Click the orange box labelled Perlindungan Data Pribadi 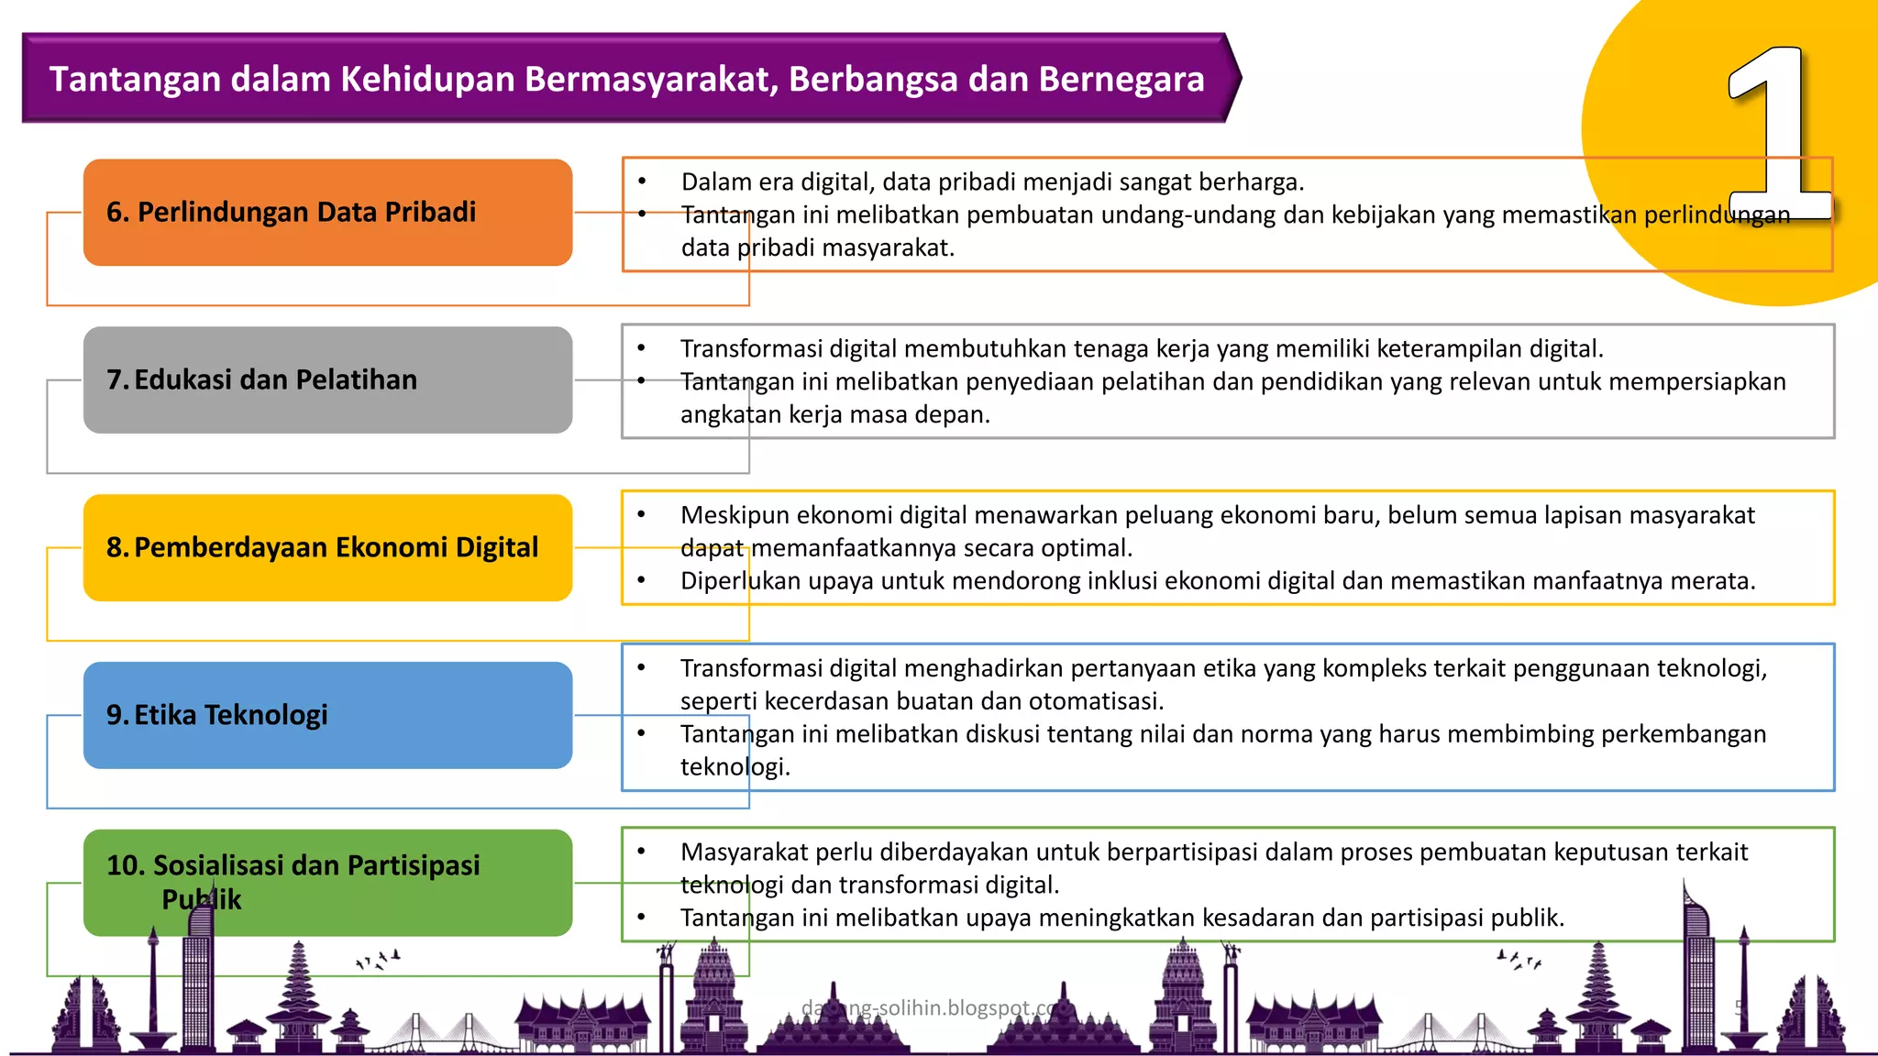[327, 213]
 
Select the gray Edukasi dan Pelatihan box [327, 379]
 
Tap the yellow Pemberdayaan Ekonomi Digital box [327, 547]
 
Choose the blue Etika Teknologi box [327, 715]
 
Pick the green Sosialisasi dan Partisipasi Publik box [327, 882]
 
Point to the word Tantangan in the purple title [134, 80]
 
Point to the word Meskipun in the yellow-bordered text [736, 515]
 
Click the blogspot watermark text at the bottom [930, 1008]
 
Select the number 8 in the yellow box [116, 547]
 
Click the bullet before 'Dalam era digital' [642, 181]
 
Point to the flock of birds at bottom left [378, 960]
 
